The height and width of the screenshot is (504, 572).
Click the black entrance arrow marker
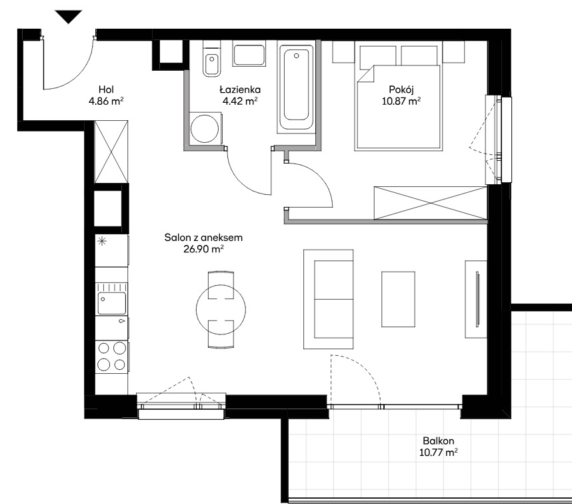tap(68, 17)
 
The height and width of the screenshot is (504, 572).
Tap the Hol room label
tap(106, 89)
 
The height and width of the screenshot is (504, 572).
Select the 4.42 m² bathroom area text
tap(240, 101)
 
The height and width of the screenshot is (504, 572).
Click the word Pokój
tap(401, 89)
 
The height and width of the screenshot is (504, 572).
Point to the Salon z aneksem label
tap(203, 238)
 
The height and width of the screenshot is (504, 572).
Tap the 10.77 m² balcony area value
tap(438, 453)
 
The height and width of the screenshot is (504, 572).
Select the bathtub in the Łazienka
tap(296, 87)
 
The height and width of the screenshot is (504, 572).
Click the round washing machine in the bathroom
tap(205, 129)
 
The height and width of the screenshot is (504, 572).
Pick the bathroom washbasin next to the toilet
tap(249, 55)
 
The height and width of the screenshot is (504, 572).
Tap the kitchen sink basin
tap(111, 303)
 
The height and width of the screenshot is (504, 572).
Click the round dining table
tap(221, 310)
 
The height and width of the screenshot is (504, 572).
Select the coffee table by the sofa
tap(398, 299)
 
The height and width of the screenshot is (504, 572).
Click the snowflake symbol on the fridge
tap(102, 241)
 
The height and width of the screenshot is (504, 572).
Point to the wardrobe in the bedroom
tap(431, 203)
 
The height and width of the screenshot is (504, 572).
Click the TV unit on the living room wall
tap(476, 299)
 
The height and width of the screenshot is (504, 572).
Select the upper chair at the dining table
tap(221, 285)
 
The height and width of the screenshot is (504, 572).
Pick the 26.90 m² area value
tap(203, 249)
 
